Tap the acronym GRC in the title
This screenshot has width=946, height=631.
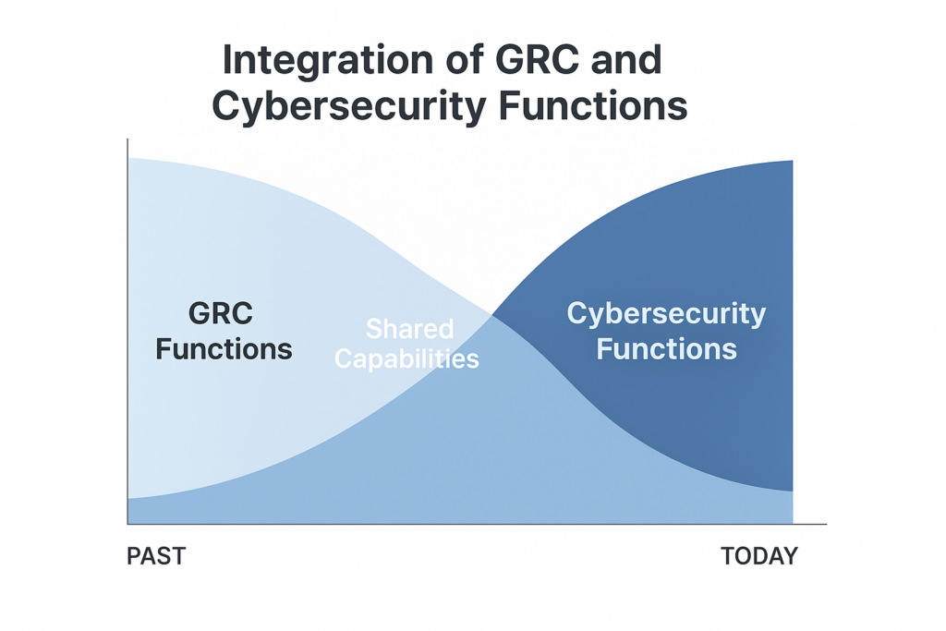[x=537, y=60]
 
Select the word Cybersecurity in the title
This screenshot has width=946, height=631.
[x=349, y=107]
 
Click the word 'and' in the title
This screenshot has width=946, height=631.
[x=626, y=60]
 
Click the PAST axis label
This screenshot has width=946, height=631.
[x=156, y=556]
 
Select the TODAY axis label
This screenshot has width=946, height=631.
[x=759, y=556]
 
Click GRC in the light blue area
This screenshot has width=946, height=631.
[x=221, y=314]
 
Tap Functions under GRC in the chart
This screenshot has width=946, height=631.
[x=224, y=349]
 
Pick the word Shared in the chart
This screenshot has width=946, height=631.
[x=409, y=330]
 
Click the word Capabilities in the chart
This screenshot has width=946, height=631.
[x=406, y=359]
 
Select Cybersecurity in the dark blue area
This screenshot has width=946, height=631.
[x=666, y=315]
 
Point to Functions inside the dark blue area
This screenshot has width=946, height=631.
[x=667, y=349]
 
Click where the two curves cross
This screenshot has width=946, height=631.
[x=492, y=315]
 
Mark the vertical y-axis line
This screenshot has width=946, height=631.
[x=127, y=331]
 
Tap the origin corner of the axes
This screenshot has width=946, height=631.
[x=127, y=524]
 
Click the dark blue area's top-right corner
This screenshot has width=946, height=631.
[x=793, y=161]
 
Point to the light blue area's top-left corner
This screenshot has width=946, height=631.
[x=128, y=158]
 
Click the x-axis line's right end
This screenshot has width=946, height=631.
[x=827, y=524]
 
